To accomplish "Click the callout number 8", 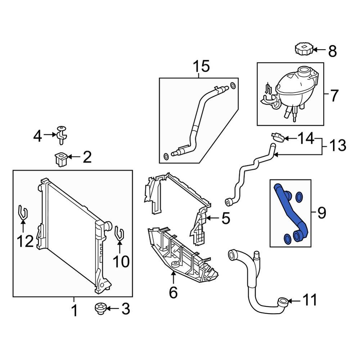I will [x=332, y=51].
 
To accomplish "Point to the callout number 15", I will [x=201, y=67].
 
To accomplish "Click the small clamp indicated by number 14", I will [x=278, y=137].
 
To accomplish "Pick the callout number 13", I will [x=338, y=146].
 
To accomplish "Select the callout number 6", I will [x=173, y=293].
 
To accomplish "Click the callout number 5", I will [x=225, y=219].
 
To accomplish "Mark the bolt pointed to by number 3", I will [x=100, y=309].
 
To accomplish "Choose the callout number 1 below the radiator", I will [x=74, y=310].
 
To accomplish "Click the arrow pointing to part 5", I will [x=212, y=218].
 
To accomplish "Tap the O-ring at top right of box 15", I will [x=233, y=86].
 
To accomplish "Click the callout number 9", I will [x=321, y=213].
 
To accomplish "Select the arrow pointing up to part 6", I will [x=173, y=278].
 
